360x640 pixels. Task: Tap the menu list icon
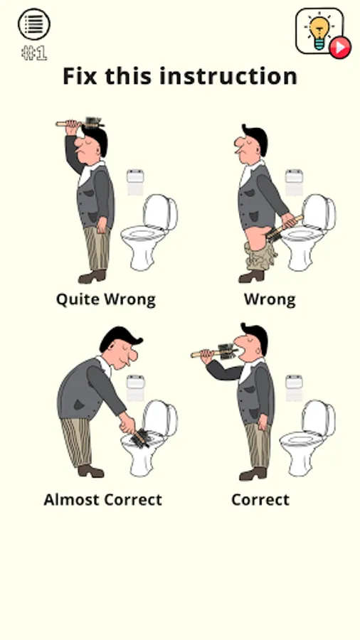point(34,24)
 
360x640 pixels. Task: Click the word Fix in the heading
point(80,76)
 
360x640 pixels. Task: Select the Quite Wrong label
point(106,299)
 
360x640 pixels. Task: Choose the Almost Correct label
point(103,500)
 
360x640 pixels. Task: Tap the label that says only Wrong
point(270,299)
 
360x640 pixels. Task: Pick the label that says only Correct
point(260,500)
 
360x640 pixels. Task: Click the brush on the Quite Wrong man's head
point(80,123)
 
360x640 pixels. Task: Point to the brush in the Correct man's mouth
point(215,352)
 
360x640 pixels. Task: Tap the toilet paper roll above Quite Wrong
point(135,183)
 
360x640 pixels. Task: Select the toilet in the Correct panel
point(307,437)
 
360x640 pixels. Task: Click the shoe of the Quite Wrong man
point(92,277)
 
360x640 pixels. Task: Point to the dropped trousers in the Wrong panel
point(261,255)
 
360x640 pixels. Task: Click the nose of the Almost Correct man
point(133,357)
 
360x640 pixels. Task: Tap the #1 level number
point(34,53)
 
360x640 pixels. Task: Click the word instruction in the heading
point(228,76)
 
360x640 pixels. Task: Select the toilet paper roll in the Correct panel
point(294,388)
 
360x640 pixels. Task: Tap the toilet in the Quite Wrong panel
point(149,233)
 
